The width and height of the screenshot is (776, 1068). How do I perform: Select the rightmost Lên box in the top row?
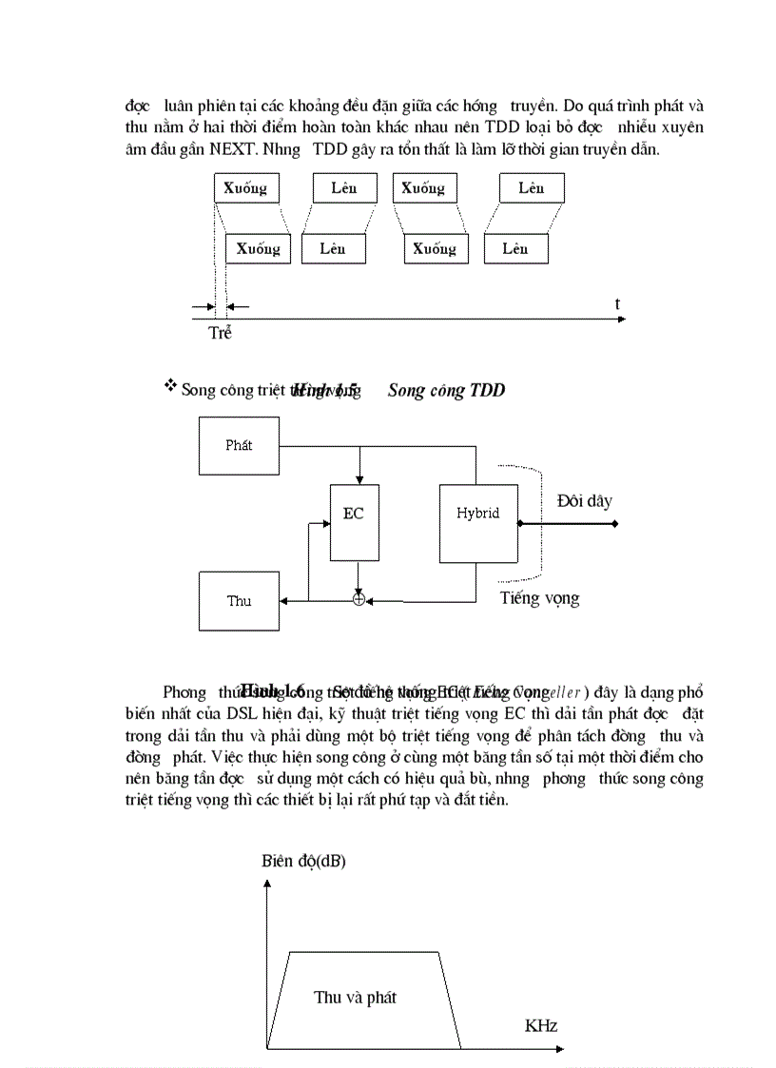tap(532, 188)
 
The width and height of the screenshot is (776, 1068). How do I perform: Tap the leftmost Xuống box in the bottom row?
tap(258, 249)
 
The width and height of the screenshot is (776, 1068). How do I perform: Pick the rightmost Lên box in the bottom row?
tap(516, 249)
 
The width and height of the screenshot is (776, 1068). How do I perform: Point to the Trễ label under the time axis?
tap(220, 334)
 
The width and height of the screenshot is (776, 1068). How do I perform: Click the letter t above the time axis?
tap(617, 304)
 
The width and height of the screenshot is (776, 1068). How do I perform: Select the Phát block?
tap(240, 445)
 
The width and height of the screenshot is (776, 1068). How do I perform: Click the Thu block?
tap(240, 601)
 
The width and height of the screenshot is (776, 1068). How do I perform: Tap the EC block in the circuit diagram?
tap(354, 515)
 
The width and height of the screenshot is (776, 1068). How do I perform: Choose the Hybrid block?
tap(477, 514)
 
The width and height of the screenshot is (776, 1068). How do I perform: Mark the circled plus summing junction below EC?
tap(359, 600)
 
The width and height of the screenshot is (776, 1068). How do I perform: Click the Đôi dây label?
tap(584, 501)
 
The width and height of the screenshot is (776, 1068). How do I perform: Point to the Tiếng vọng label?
tap(539, 598)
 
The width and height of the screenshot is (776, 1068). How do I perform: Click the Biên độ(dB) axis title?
tap(304, 863)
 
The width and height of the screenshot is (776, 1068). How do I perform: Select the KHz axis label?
tap(540, 1026)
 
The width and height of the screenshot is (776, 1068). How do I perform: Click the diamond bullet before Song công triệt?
tap(170, 385)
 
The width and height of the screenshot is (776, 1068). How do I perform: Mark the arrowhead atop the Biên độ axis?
tap(268, 884)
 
